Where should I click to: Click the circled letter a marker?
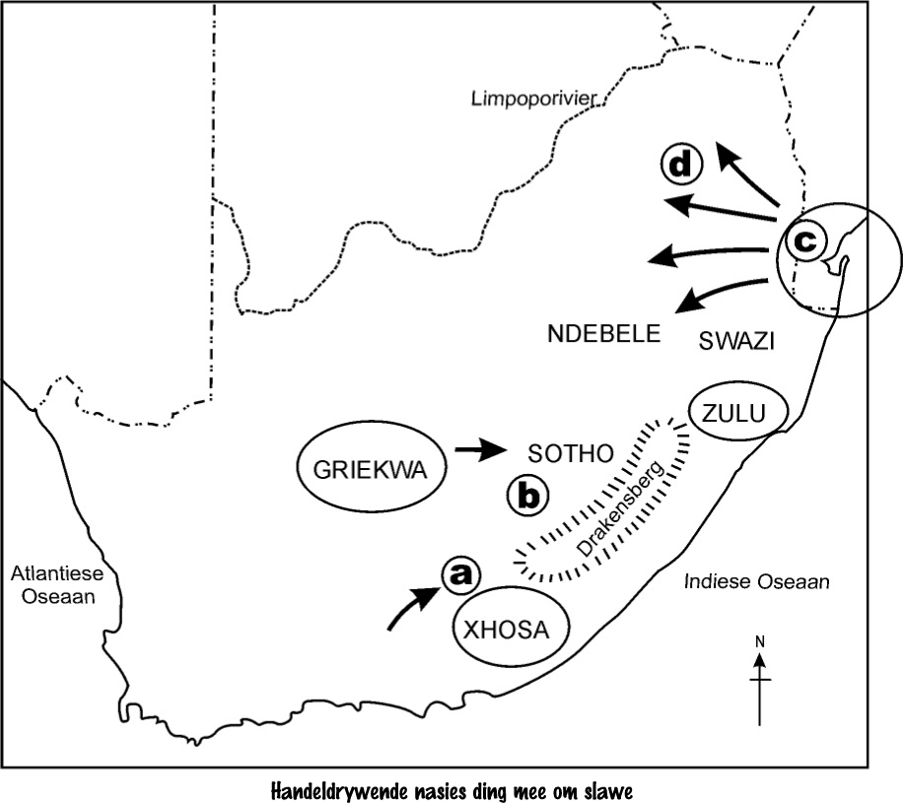tap(456, 575)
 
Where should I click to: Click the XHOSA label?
tap(511, 631)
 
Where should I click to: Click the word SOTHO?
tap(571, 453)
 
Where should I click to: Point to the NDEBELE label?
tap(603, 335)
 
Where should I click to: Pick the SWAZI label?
tap(737, 341)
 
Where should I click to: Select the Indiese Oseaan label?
tap(757, 582)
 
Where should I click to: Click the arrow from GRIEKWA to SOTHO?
tap(477, 451)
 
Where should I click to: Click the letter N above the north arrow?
tap(760, 641)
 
